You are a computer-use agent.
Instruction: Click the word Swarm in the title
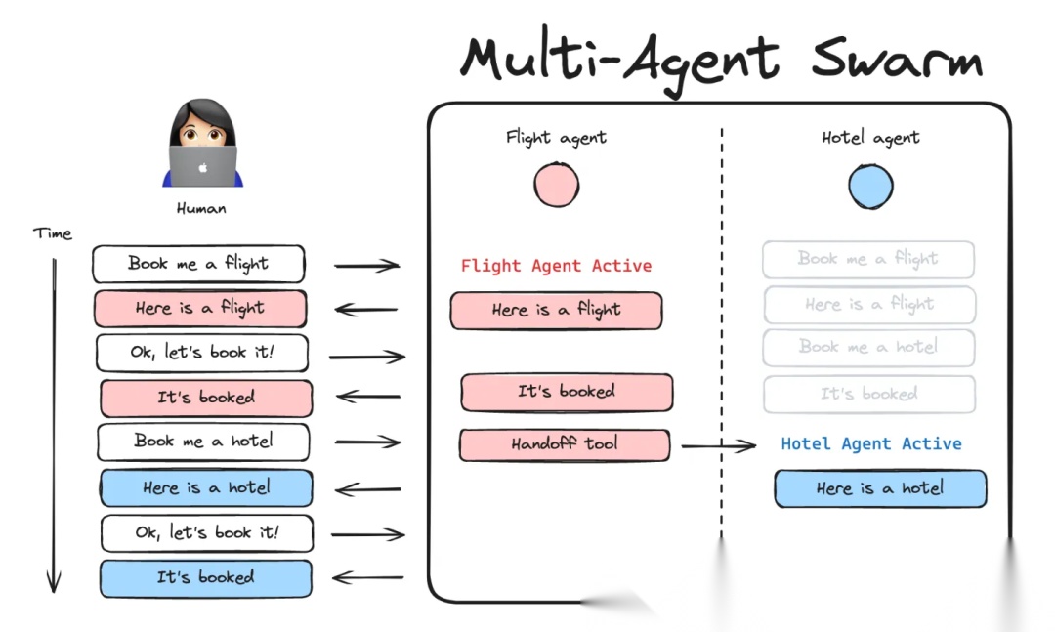[897, 60]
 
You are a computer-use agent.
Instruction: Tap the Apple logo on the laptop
[203, 167]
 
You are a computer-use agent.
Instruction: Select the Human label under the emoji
[201, 208]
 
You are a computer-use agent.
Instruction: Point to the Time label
[53, 233]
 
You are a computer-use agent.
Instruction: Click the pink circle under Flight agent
[556, 185]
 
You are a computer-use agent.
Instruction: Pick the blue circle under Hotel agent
[870, 186]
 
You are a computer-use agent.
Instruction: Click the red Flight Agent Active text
[556, 266]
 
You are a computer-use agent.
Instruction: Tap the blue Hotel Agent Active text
[870, 443]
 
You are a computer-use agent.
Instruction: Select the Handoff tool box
[565, 444]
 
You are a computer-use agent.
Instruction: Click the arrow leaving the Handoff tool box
[718, 446]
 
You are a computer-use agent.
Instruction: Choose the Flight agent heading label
[556, 138]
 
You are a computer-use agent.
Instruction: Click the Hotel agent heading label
[870, 138]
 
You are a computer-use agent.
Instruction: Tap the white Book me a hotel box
[203, 442]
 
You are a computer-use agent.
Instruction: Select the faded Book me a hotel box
[868, 347]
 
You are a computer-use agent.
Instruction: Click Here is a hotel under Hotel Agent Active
[880, 488]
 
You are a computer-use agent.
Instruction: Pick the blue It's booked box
[205, 578]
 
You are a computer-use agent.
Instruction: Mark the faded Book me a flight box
[868, 259]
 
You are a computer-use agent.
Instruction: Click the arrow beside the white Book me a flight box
[366, 265]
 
